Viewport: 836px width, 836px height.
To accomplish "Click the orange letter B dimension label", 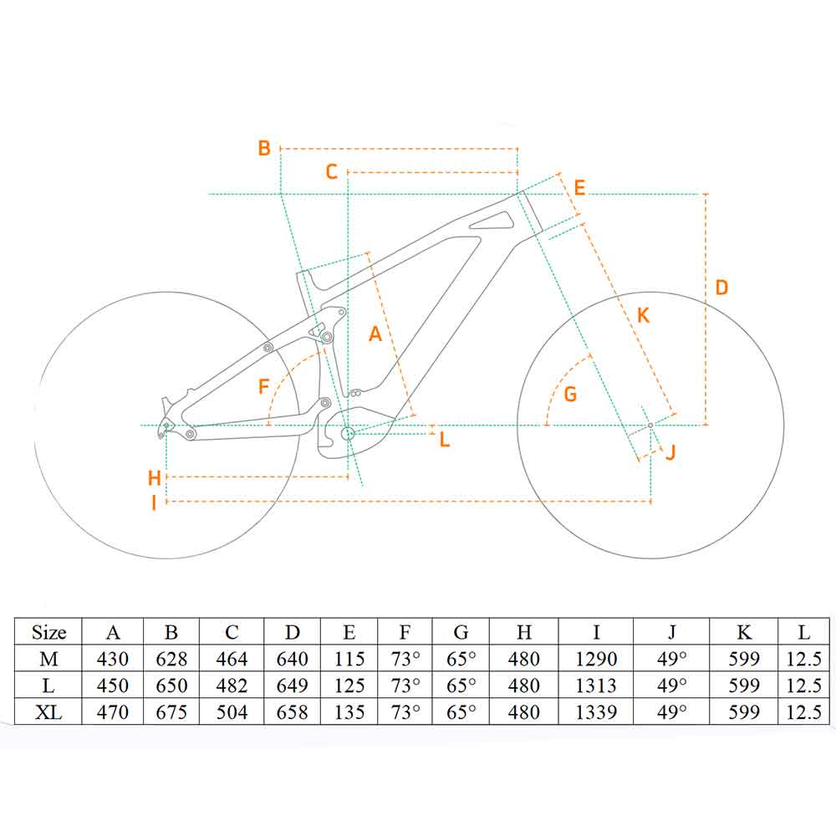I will point(264,149).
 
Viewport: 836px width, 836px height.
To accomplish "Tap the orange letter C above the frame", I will point(331,172).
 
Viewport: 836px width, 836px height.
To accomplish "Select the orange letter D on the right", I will point(721,288).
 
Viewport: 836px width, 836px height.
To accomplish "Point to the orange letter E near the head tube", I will point(579,187).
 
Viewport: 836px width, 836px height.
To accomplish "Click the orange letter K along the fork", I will point(642,316).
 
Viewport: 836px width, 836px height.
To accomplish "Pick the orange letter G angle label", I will point(570,394).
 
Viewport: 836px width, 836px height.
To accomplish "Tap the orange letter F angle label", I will point(264,387).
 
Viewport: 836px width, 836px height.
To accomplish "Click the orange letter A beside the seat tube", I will point(375,334).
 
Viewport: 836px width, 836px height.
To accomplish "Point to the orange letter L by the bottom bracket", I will point(445,439).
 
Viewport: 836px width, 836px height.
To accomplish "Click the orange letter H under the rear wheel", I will point(154,478).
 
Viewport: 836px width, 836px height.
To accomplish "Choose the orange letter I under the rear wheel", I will point(154,502).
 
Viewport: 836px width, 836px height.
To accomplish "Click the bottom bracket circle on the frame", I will point(348,433).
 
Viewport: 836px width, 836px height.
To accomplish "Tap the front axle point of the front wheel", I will point(650,426).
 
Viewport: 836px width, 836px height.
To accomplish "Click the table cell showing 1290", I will point(595,659).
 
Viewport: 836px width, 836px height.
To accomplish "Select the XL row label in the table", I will point(48,711).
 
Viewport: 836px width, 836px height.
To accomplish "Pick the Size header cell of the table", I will point(48,632).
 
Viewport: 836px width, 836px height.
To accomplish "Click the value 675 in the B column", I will point(171,711).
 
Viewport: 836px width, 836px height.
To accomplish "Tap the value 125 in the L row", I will point(349,686).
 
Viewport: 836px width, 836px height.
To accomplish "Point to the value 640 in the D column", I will point(292,659).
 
